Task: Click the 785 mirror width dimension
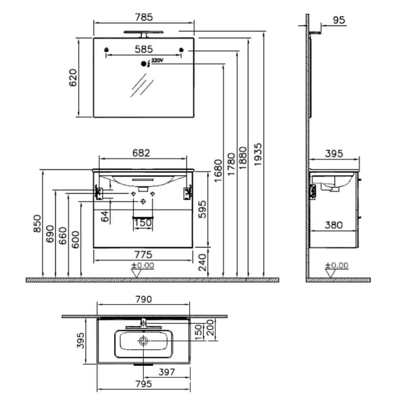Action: [144, 17]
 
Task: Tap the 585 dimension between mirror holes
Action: [144, 49]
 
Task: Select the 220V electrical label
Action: [157, 61]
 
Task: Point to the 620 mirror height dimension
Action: [73, 78]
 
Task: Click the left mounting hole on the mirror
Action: [106, 50]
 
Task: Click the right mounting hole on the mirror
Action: [181, 50]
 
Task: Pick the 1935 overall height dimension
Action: [258, 154]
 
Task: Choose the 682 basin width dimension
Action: [141, 153]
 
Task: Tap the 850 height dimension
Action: [37, 223]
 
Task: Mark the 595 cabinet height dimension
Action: [202, 209]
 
